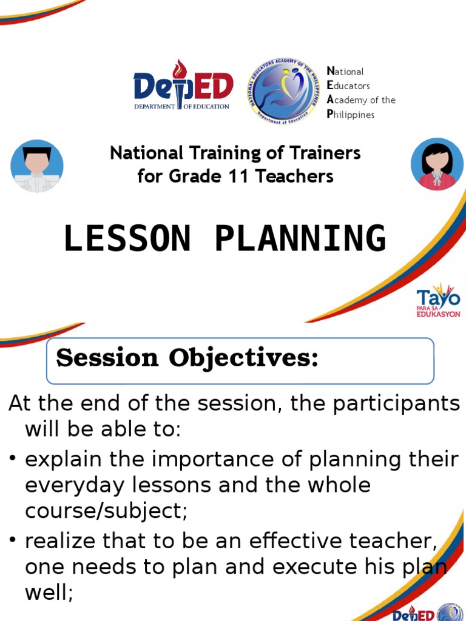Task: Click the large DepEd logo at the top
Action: [x=183, y=86]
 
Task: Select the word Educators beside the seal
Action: [x=348, y=86]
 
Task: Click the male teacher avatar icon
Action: [x=37, y=166]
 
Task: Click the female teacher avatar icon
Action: [x=437, y=164]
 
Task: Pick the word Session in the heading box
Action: [x=108, y=358]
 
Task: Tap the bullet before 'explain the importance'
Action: [x=13, y=460]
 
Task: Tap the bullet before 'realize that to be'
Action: [x=13, y=541]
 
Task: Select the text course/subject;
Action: [x=106, y=511]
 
